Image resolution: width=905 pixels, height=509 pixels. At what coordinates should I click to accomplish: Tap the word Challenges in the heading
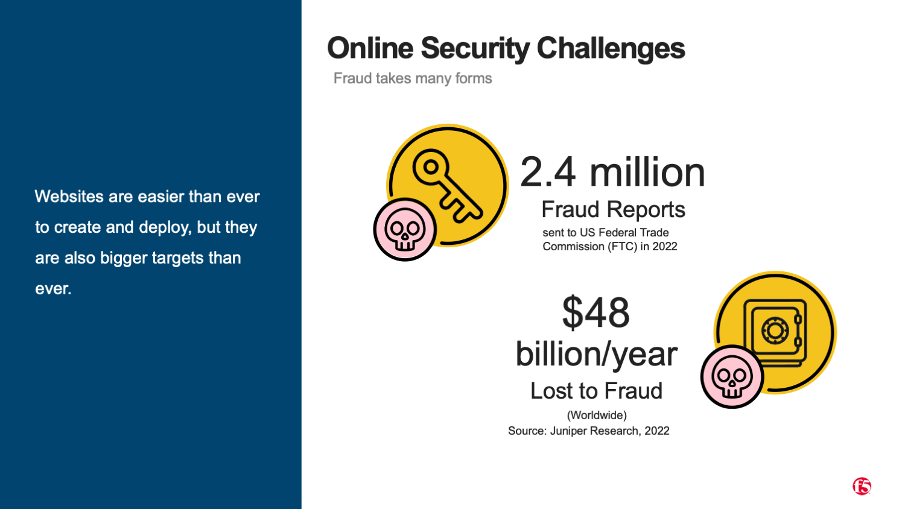coord(611,49)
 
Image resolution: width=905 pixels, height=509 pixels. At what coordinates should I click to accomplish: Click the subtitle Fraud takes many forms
coord(413,78)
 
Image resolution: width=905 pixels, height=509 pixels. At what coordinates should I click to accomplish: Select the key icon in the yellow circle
coord(447,185)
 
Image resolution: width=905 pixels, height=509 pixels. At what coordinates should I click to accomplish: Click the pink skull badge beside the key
coord(405,229)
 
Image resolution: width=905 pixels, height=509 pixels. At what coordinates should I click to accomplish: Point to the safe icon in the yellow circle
coord(775,333)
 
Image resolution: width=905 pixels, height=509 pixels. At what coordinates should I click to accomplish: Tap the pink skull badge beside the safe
coord(732,376)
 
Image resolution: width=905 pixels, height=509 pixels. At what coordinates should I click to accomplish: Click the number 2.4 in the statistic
coord(548,172)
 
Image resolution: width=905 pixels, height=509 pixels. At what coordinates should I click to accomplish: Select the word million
coord(647,172)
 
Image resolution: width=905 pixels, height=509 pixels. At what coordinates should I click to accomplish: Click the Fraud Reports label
coord(614,209)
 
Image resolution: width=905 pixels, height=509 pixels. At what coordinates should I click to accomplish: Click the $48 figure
coord(596,312)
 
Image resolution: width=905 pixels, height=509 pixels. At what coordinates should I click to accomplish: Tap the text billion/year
coord(597,354)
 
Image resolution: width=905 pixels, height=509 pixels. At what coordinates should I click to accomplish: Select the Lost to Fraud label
coord(596,391)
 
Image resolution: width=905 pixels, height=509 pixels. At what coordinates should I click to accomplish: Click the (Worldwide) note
coord(597,415)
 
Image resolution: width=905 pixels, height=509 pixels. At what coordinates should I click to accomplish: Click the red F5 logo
coord(862,486)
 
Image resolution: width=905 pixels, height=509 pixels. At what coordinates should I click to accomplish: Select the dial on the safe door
coord(775,331)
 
